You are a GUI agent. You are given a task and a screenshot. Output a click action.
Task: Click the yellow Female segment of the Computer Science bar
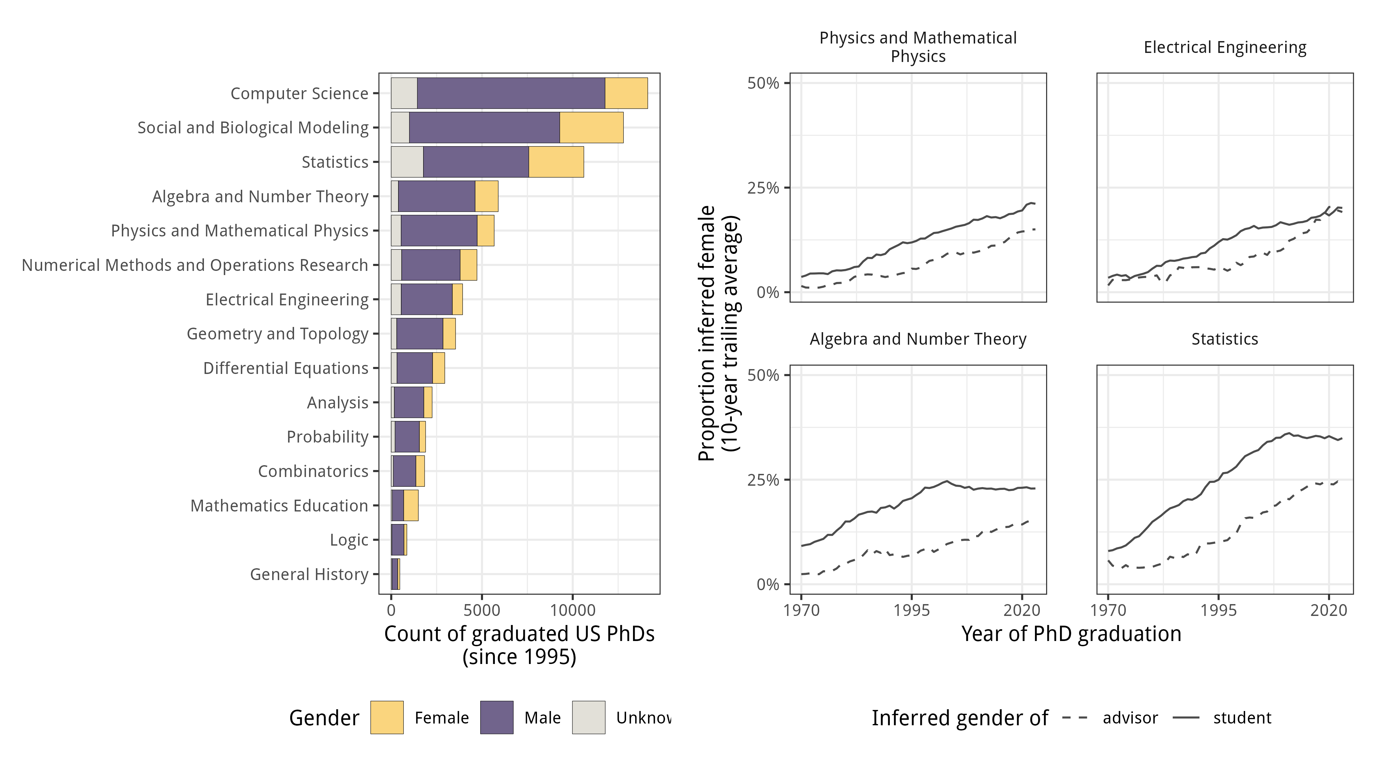click(626, 93)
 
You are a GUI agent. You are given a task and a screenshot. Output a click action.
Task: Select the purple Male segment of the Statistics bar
click(475, 162)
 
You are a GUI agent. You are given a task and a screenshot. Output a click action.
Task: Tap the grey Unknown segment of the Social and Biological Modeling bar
click(400, 127)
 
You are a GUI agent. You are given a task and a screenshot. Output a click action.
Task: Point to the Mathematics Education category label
click(279, 506)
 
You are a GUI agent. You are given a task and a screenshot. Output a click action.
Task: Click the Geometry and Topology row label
click(277, 334)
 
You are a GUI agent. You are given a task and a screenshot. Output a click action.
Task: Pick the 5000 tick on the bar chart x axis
click(482, 610)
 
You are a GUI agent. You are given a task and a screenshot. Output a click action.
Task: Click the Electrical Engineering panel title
click(1225, 48)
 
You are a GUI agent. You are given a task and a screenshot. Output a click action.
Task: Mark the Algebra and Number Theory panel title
click(918, 339)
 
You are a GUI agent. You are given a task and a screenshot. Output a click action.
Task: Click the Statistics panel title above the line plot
click(1225, 339)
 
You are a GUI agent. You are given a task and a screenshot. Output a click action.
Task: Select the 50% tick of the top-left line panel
click(763, 83)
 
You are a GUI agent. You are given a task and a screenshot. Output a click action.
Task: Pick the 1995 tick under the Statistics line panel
click(1218, 610)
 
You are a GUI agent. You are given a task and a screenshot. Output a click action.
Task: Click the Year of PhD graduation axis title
click(1071, 634)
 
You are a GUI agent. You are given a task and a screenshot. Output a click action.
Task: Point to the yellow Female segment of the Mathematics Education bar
click(411, 506)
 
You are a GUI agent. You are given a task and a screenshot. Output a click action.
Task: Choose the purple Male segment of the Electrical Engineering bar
click(426, 299)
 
